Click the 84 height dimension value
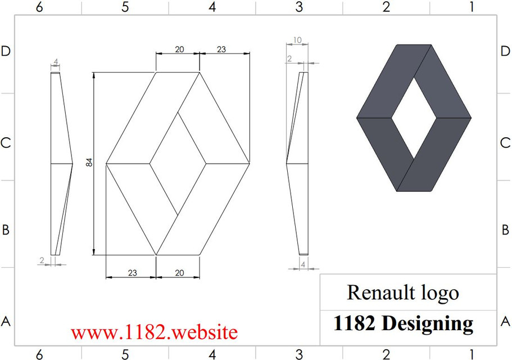(89, 163)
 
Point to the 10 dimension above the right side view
(297, 40)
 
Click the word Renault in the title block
(378, 292)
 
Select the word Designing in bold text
(428, 324)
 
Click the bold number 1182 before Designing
(354, 323)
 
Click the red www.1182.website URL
(154, 332)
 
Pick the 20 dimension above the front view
(179, 49)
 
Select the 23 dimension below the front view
(132, 272)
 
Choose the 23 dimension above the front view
(221, 49)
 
